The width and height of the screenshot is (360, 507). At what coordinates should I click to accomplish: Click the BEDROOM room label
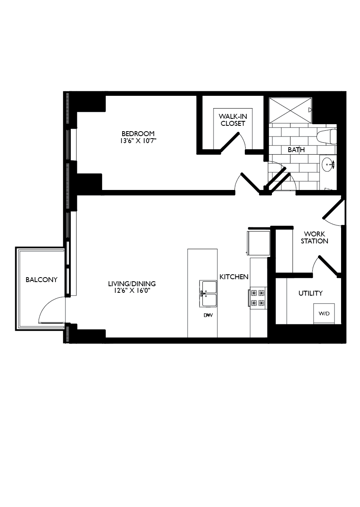138,134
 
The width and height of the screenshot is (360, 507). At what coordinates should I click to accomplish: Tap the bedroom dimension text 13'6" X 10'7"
138,141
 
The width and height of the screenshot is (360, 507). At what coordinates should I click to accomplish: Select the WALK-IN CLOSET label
232,120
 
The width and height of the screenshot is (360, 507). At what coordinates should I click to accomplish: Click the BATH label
296,150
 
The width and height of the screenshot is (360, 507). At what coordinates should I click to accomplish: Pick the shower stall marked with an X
290,110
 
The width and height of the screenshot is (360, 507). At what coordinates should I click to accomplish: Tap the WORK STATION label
314,238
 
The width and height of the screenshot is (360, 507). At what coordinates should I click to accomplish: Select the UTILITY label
310,293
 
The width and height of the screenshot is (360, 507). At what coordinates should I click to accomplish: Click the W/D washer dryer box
324,313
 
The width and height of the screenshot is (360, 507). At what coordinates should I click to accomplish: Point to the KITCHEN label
234,277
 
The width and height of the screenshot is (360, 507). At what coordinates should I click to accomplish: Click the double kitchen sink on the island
208,293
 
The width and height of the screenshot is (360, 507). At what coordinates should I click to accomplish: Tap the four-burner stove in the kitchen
258,298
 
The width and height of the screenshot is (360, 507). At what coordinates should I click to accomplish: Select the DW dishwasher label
208,315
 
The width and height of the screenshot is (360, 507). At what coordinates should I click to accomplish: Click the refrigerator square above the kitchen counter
258,242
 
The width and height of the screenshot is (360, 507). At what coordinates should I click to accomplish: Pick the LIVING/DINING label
132,284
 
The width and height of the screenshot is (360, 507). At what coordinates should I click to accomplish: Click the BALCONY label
42,280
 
